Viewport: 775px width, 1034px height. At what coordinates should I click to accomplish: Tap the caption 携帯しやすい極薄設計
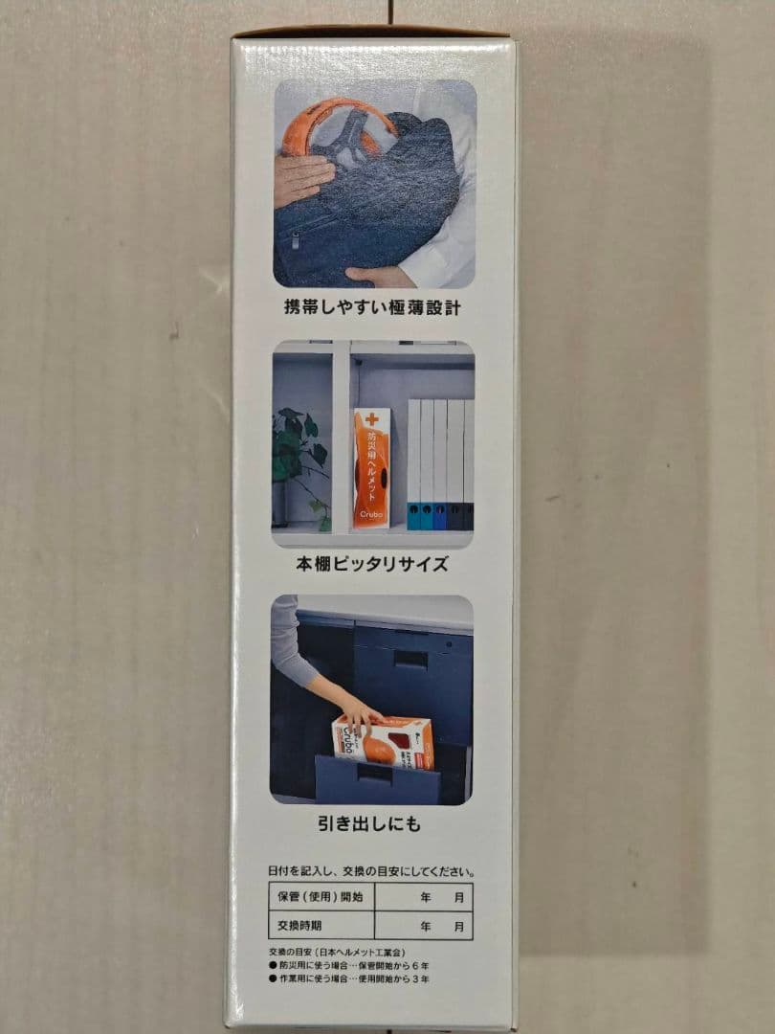[373, 309]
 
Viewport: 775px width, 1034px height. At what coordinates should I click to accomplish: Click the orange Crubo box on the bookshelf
[371, 469]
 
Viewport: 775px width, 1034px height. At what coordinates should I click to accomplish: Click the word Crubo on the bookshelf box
[370, 514]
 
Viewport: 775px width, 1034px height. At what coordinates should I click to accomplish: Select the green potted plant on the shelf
[299, 460]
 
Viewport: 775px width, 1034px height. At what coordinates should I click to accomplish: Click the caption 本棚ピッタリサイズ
[373, 563]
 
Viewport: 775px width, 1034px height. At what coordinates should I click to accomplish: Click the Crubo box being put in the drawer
[383, 742]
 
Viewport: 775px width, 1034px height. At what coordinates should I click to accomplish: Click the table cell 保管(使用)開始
[321, 897]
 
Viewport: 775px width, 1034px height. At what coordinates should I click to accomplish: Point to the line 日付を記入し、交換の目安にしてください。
[371, 871]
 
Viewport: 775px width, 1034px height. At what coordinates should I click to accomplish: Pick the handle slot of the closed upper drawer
[410, 659]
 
